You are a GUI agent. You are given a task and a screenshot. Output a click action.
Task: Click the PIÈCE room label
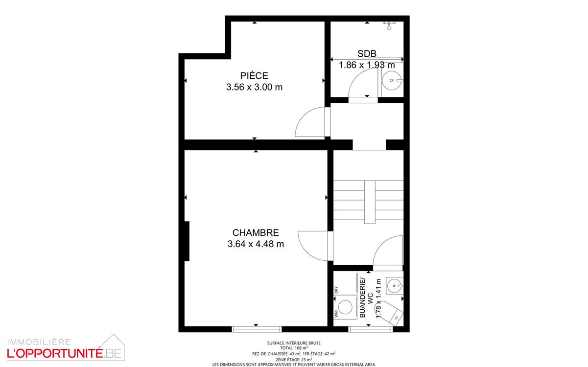(x=254, y=75)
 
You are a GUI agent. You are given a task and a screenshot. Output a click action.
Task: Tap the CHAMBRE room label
(x=256, y=233)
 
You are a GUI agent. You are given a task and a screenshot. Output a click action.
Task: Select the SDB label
(x=367, y=53)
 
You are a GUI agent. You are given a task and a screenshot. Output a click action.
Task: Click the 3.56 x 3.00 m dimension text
(x=254, y=87)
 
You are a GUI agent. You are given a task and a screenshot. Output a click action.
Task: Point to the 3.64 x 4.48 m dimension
(x=256, y=244)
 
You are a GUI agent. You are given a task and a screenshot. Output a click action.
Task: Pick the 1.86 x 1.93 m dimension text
(x=367, y=65)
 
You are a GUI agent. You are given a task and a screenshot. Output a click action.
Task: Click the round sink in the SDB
(x=392, y=81)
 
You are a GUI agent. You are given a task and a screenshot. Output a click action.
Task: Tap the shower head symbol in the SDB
(x=389, y=25)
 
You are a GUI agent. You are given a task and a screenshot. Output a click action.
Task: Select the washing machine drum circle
(x=345, y=307)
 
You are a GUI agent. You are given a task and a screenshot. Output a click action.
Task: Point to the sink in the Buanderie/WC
(x=394, y=285)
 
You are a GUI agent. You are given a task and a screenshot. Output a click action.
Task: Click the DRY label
(x=336, y=290)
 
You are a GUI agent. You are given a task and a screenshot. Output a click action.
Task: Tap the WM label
(x=336, y=314)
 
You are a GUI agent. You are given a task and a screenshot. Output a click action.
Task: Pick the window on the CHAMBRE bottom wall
(x=257, y=329)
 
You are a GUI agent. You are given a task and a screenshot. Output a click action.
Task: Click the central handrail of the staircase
(x=370, y=202)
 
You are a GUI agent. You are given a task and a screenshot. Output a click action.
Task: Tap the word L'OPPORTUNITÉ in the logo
(x=55, y=353)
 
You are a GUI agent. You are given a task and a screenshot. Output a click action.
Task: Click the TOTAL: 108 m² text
(x=294, y=348)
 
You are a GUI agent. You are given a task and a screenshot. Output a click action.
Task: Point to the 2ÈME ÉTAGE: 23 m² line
(x=294, y=359)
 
